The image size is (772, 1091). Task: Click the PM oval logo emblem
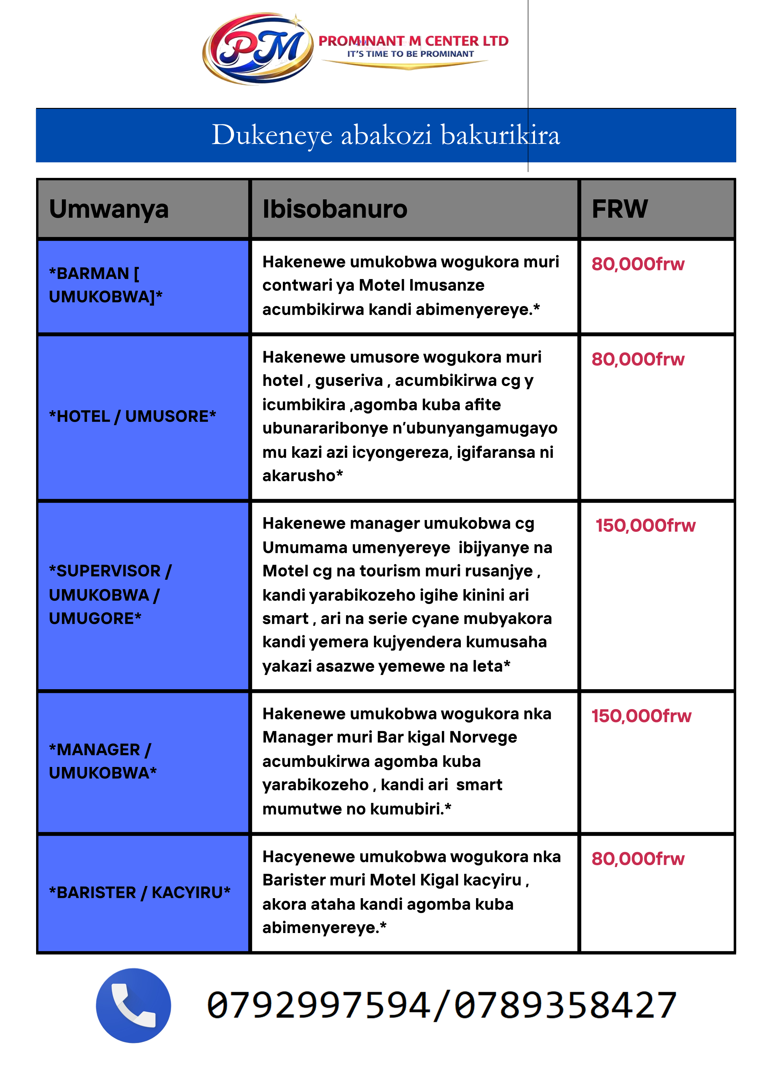click(x=258, y=49)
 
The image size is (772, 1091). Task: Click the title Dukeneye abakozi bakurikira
click(x=386, y=135)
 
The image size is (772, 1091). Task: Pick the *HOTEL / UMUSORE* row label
click(x=133, y=416)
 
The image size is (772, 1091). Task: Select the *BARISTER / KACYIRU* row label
click(x=140, y=892)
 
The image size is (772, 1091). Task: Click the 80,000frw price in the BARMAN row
click(x=638, y=264)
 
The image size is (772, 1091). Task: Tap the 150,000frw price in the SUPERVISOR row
click(x=645, y=526)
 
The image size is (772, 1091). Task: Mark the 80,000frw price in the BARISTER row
click(x=638, y=859)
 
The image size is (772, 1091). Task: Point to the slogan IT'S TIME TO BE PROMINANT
click(x=410, y=54)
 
